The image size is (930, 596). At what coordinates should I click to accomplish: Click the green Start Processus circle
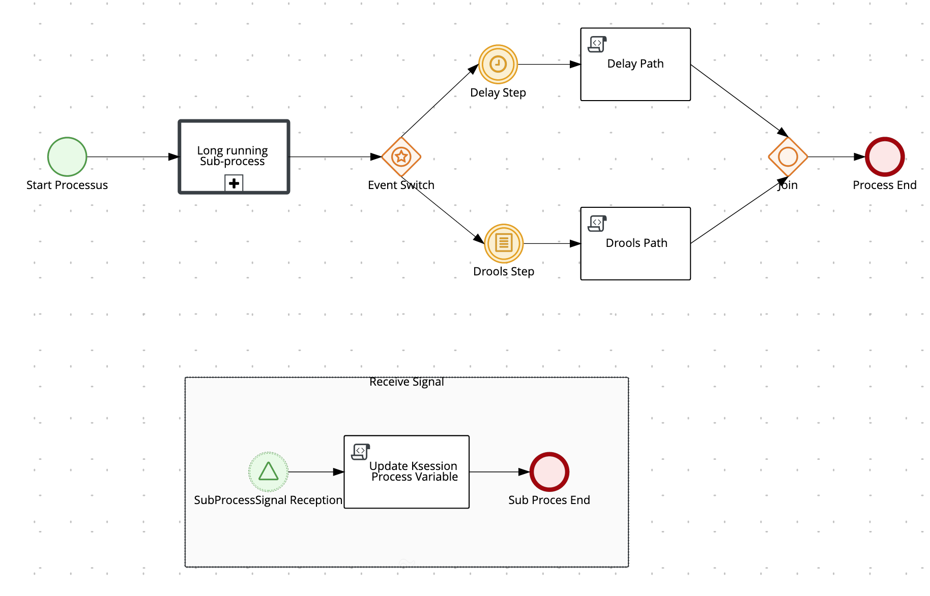(x=67, y=156)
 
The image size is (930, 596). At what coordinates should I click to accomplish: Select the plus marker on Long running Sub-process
(x=234, y=183)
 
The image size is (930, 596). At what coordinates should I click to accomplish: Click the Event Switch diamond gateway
(x=401, y=156)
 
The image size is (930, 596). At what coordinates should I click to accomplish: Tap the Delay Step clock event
(x=498, y=64)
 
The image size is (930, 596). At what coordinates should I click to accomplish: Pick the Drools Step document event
(x=504, y=243)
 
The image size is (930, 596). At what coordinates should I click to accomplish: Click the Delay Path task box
(x=635, y=76)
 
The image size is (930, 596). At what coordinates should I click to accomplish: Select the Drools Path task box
(x=635, y=257)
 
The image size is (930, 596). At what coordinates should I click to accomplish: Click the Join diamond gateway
(x=788, y=156)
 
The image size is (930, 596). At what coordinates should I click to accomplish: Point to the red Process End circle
(x=885, y=156)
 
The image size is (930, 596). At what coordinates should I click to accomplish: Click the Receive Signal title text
(x=406, y=382)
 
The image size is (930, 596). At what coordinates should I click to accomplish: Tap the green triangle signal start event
(x=268, y=472)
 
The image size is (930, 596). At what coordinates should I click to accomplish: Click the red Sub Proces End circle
(x=549, y=472)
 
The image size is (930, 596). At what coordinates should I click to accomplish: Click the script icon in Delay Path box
(x=597, y=44)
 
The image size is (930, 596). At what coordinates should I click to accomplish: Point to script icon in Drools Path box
(x=597, y=223)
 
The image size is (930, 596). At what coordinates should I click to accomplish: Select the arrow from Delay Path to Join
(x=738, y=100)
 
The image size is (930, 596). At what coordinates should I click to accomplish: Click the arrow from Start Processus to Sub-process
(x=132, y=157)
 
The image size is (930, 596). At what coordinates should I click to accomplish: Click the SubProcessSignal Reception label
(x=268, y=500)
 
